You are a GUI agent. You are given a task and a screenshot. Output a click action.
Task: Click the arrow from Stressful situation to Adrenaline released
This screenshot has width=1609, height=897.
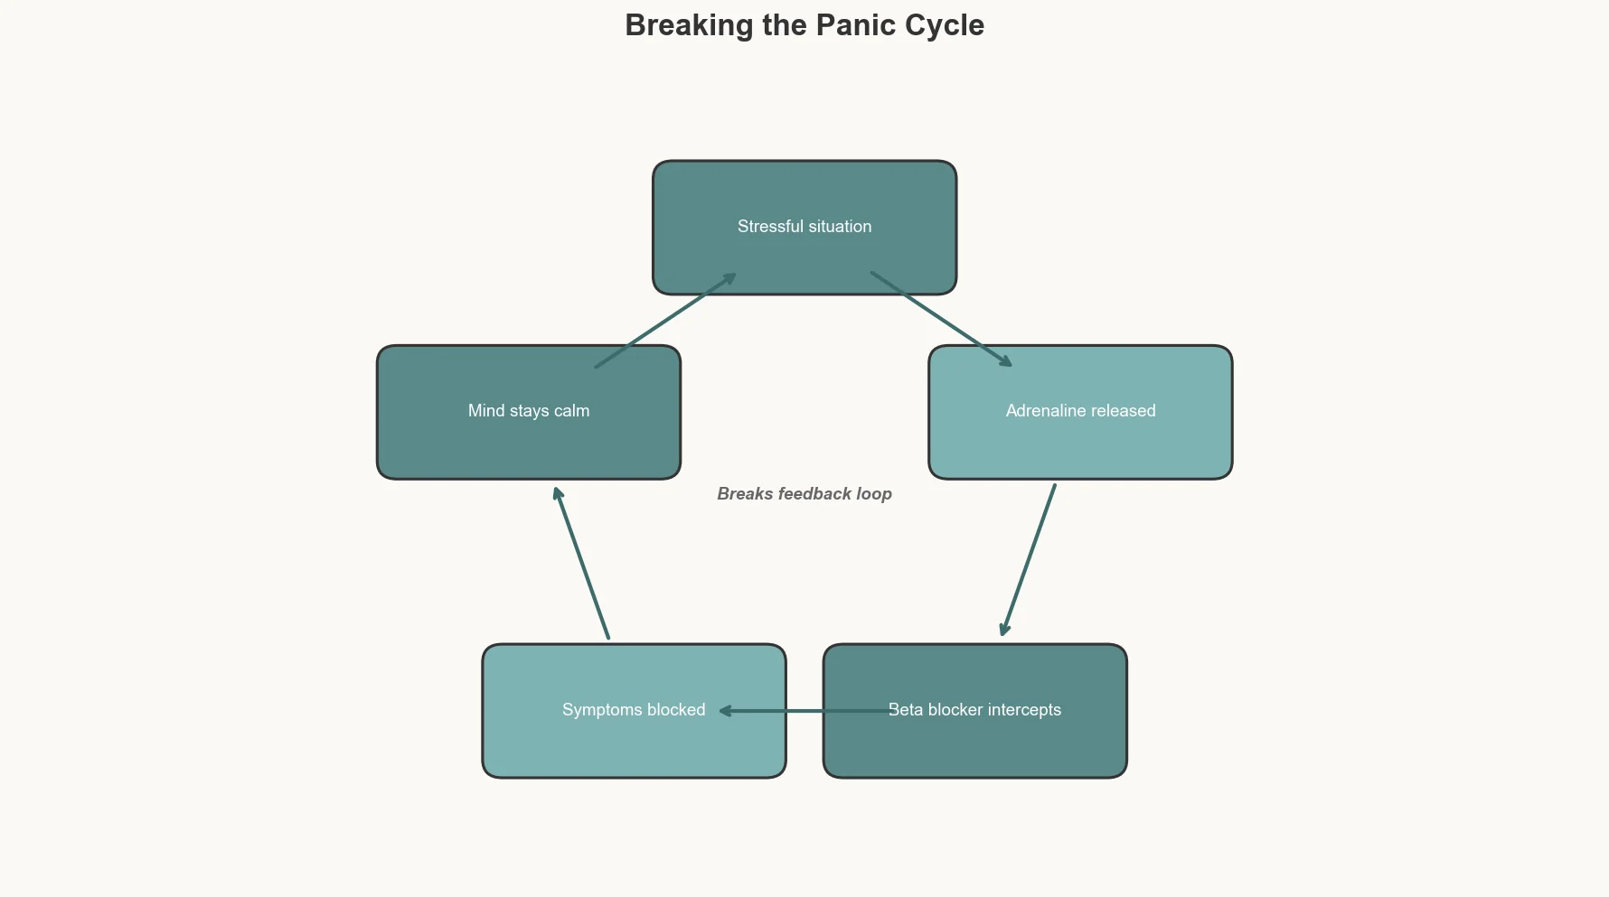[940, 319]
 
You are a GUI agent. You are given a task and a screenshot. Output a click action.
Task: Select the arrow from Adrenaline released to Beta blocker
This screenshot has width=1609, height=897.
[1029, 560]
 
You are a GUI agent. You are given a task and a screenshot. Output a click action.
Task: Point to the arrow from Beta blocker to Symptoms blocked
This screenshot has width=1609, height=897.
[804, 711]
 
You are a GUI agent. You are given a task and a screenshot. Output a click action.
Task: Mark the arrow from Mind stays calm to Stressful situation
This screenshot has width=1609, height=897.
[665, 321]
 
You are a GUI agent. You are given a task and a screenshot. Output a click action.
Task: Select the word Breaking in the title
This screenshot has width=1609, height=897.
[689, 25]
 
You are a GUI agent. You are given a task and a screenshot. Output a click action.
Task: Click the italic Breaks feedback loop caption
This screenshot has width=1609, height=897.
[804, 494]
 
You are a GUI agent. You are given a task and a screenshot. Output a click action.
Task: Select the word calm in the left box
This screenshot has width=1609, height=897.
[571, 411]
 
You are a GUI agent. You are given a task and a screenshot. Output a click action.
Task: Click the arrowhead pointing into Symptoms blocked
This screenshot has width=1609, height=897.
[725, 711]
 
